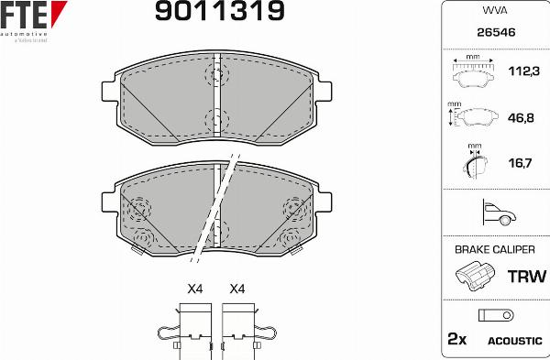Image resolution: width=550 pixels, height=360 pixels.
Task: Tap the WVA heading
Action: point(494,12)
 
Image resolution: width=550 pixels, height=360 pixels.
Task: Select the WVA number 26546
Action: point(494,34)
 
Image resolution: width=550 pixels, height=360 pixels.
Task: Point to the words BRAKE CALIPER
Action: point(494,249)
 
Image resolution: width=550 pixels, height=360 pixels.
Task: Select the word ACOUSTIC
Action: point(515,340)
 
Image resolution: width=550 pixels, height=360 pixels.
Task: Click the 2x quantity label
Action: point(456,339)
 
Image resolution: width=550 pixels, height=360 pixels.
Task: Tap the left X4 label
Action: point(194,289)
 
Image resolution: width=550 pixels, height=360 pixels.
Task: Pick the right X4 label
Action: point(237,289)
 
